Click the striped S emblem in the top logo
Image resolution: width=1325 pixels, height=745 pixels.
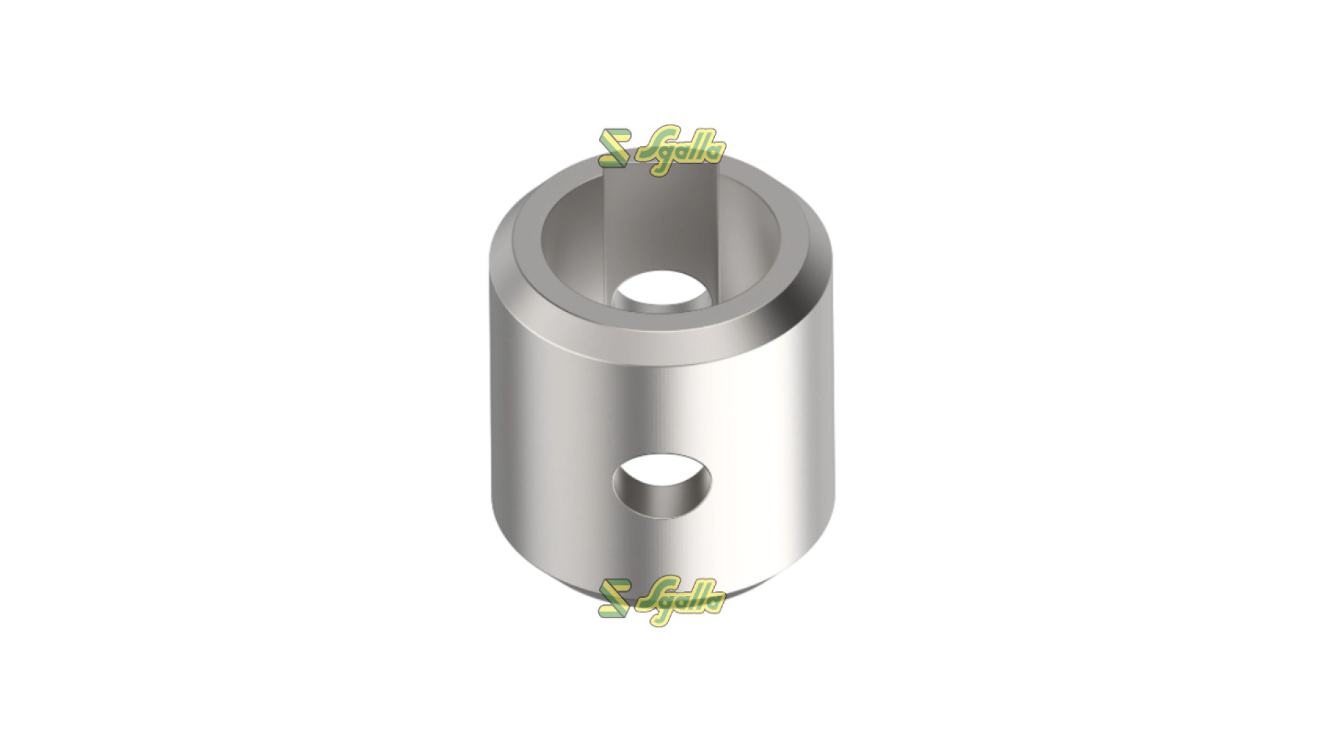613,148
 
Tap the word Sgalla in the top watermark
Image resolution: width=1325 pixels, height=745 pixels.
679,150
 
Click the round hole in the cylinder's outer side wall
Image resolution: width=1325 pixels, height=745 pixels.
661,486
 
